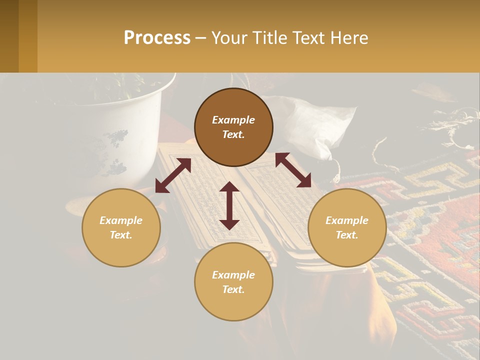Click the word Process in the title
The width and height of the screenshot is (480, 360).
click(157, 38)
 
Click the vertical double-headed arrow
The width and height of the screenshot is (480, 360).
click(229, 205)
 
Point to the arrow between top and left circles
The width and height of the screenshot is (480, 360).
click(173, 175)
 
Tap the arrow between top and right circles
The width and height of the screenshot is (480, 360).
click(293, 170)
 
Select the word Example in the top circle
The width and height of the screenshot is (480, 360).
click(233, 120)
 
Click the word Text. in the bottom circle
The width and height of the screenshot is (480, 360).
click(233, 289)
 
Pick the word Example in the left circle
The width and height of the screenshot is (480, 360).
click(121, 220)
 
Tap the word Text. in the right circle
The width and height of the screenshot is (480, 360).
click(347, 235)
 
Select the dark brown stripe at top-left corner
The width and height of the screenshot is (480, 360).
click(9, 36)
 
